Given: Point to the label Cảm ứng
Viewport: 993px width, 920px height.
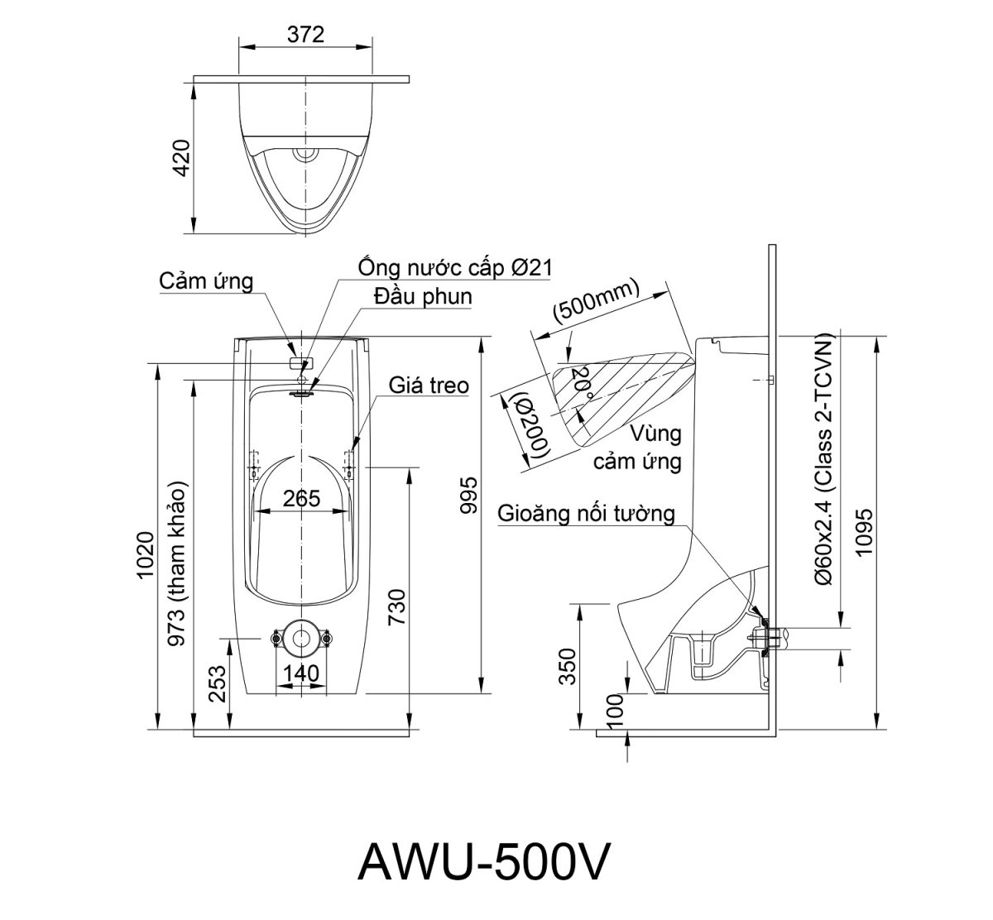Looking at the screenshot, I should pos(206,281).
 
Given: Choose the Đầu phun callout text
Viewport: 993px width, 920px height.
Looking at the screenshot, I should pos(422,296).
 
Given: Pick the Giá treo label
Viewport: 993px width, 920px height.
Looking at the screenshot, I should pos(429,385).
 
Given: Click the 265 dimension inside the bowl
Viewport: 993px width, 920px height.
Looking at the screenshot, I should pos(301,498).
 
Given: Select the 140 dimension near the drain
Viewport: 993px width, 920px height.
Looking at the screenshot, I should pos(300,673).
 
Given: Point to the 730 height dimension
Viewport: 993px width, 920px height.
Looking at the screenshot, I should pos(396,610).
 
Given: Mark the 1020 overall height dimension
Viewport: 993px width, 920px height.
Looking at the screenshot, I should pos(146,554).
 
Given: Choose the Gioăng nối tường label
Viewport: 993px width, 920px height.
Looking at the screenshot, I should pos(586,514).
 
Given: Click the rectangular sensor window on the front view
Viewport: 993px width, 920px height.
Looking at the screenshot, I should pos(301,362).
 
